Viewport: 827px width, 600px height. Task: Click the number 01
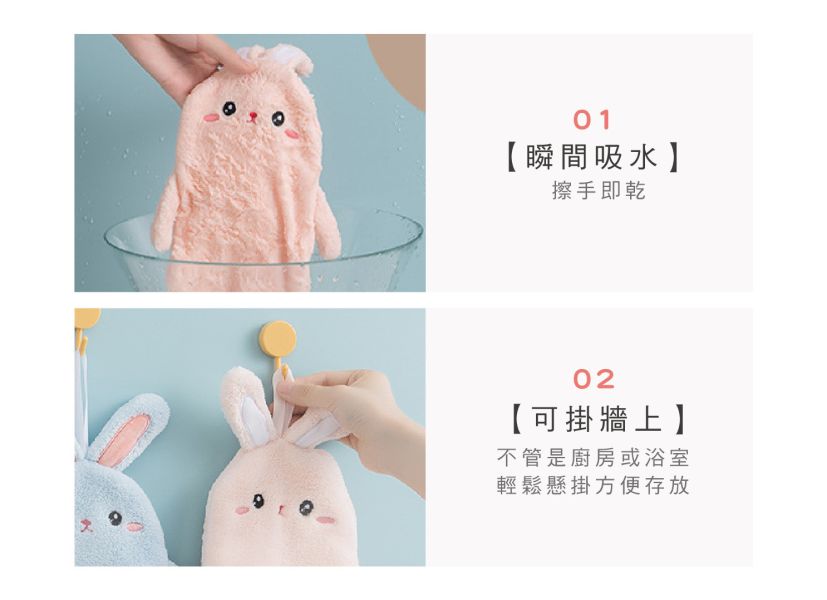click(592, 120)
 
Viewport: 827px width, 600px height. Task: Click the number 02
click(594, 379)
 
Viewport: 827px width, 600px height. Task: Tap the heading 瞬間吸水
click(592, 157)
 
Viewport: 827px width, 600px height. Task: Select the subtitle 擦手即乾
click(599, 190)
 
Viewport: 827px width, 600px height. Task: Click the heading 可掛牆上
click(596, 420)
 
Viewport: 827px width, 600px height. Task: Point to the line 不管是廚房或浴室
click(593, 458)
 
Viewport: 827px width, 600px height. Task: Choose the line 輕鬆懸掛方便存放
click(593, 486)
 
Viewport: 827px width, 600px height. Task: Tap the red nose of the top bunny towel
click(253, 115)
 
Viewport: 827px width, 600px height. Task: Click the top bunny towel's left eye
click(229, 109)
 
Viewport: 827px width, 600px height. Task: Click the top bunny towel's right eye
click(278, 119)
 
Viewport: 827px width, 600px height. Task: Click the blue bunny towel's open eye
click(114, 518)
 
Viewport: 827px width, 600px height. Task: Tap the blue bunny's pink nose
click(85, 523)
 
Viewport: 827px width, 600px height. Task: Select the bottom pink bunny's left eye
click(258, 500)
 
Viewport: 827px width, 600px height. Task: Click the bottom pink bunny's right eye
click(305, 508)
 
